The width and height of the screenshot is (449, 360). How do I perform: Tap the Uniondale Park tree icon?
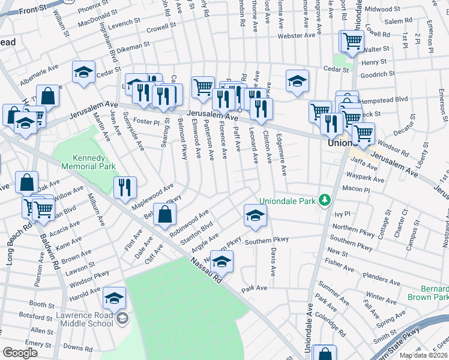tap(325, 200)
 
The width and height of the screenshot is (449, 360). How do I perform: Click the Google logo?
tap(20, 353)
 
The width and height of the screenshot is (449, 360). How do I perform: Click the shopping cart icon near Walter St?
tap(352, 40)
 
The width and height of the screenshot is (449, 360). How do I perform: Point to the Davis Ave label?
tap(273, 263)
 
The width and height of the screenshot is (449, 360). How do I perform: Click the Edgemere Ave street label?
tap(280, 154)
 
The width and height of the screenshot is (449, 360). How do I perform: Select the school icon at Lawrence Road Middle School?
tap(114, 297)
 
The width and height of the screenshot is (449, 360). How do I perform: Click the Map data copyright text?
tap(423, 355)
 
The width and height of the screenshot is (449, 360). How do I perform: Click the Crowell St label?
tap(160, 28)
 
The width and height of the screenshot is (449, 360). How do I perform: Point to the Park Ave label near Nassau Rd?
tap(254, 289)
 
